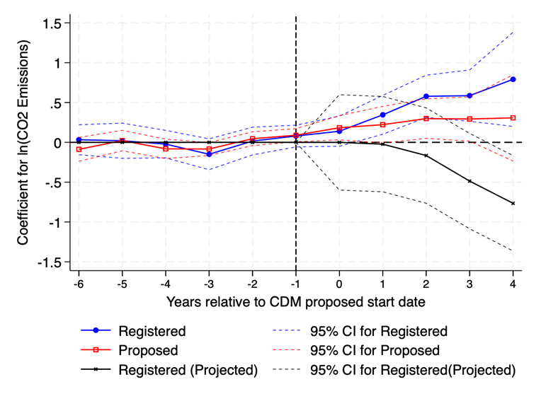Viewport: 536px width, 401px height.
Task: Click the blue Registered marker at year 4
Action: tap(513, 79)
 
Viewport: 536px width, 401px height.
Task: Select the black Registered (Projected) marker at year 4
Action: tap(513, 203)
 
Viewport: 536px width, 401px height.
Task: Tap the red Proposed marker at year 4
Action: tap(513, 117)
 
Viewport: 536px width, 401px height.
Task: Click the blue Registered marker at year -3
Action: tap(209, 154)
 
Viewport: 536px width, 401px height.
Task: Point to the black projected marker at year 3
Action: tap(469, 181)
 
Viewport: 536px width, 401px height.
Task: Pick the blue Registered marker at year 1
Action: tap(383, 115)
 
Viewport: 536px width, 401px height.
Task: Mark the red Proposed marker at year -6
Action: tap(79, 149)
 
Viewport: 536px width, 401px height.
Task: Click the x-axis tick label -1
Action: tap(295, 283)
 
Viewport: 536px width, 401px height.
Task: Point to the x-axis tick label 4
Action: tap(513, 283)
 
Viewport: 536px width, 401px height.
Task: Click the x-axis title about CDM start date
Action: tap(295, 302)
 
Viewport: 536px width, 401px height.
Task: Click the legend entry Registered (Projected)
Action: tap(188, 370)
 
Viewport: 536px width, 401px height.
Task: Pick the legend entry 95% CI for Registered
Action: tap(379, 331)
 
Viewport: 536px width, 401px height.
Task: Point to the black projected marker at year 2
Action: tap(426, 155)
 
